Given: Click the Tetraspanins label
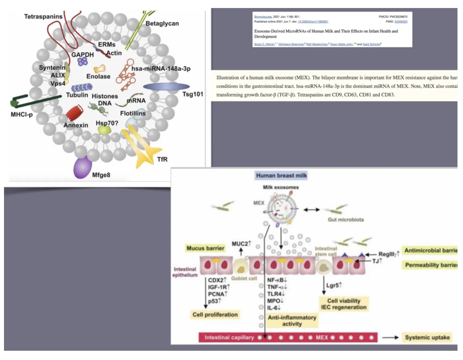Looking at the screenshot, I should coord(43,17).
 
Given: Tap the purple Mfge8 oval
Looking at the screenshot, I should coord(82,167).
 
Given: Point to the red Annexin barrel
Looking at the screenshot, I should coord(74,113).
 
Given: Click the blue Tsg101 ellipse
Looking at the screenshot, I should coord(166,87).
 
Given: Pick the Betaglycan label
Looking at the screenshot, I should coord(162,23).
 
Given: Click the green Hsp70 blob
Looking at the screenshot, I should coord(105,130).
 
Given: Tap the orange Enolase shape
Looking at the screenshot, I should coord(99,69).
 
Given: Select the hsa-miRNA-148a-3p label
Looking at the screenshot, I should coord(161,69).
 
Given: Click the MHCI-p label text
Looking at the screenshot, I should coord(22,115).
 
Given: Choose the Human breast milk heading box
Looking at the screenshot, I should coord(281,176).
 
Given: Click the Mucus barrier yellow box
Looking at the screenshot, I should coord(205,248).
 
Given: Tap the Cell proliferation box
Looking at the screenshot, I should coord(215,315).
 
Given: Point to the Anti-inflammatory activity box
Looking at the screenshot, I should coord(292,320).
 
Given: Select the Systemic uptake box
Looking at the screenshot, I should coord(427,337).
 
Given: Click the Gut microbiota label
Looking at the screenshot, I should coord(346,220).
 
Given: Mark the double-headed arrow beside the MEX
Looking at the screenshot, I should coord(311,210).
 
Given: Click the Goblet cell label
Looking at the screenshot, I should coord(244,278).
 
